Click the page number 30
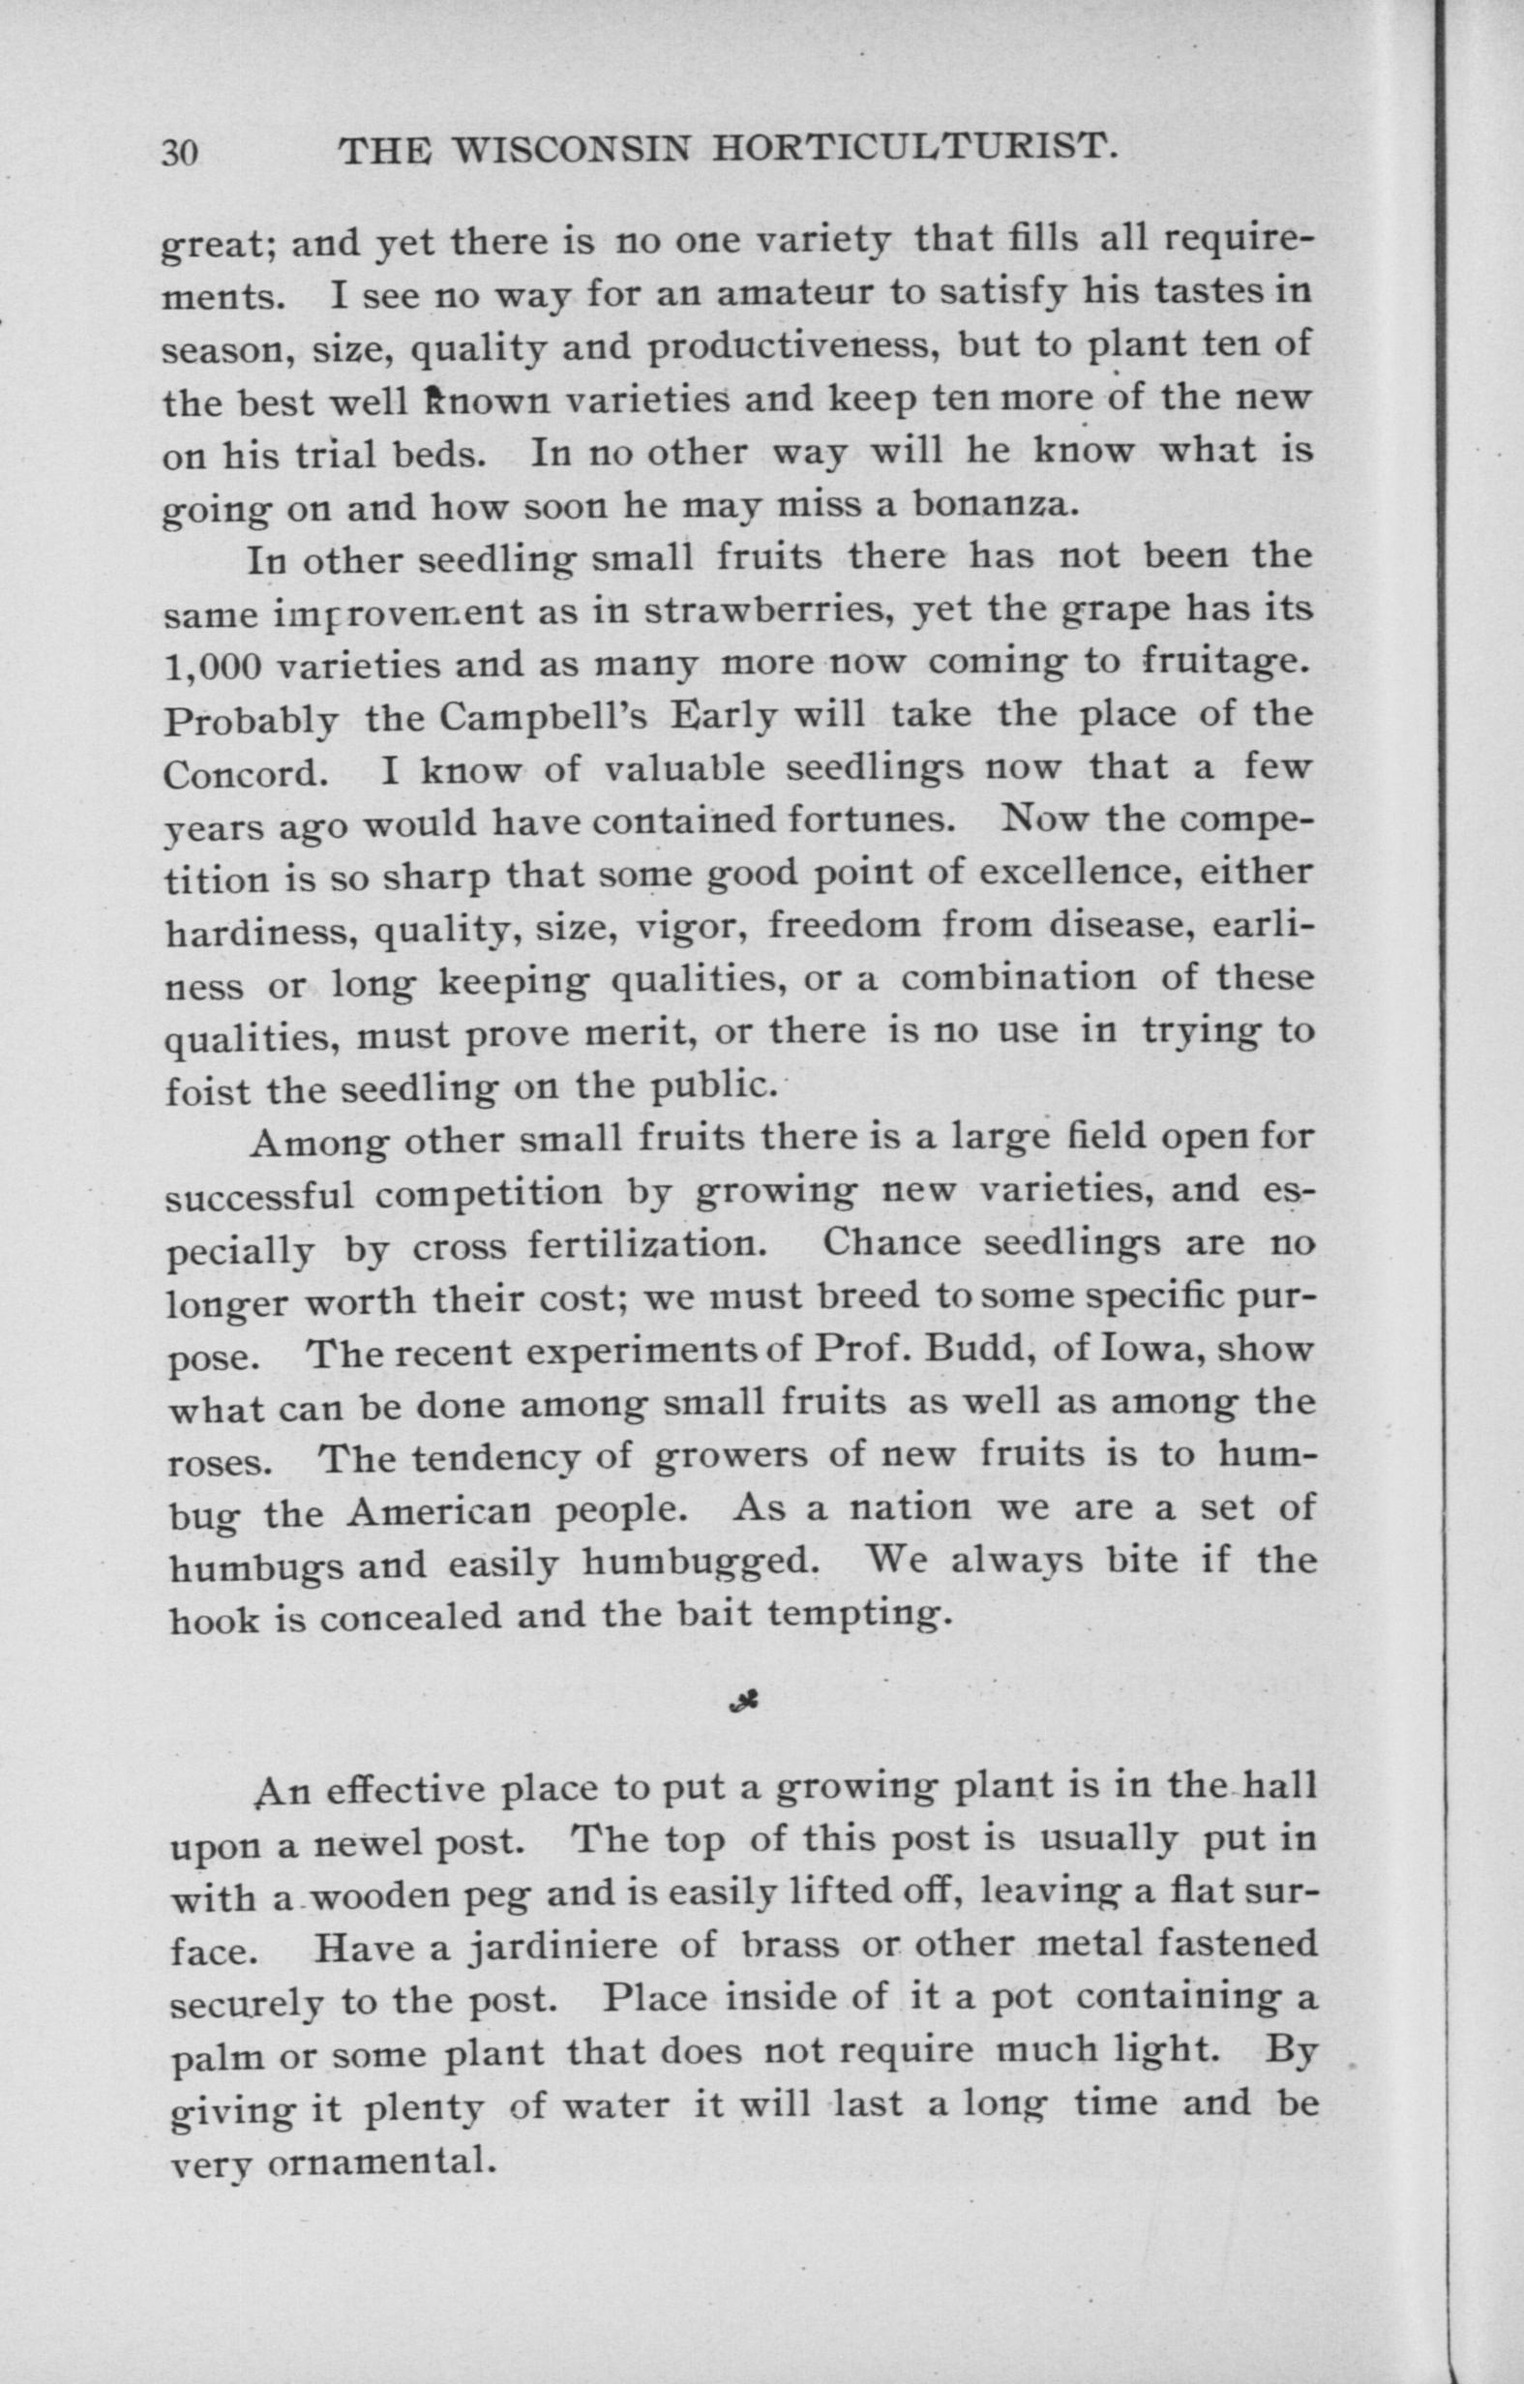(179, 153)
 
